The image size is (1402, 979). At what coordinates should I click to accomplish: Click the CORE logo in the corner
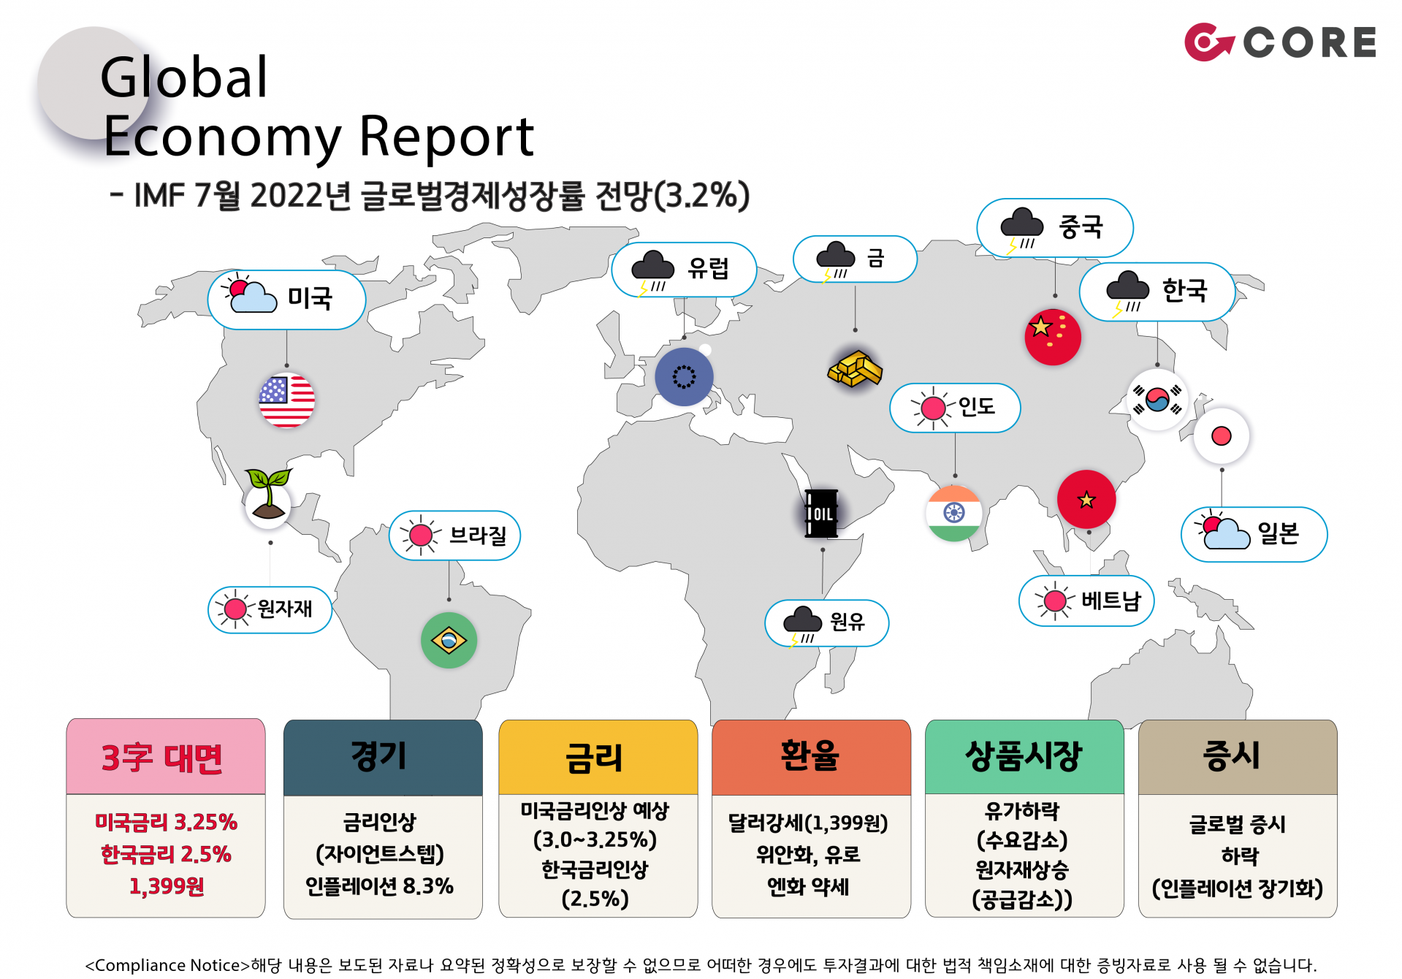[1280, 42]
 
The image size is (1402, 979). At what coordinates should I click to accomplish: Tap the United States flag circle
[286, 400]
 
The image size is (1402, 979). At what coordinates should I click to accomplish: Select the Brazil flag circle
[449, 641]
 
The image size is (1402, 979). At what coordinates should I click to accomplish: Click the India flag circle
[953, 514]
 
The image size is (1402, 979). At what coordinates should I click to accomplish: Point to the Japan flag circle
[1221, 436]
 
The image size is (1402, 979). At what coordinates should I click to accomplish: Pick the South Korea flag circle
[1157, 400]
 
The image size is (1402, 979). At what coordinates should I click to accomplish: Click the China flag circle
[1052, 337]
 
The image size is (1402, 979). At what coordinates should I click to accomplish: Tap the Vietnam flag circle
[1086, 499]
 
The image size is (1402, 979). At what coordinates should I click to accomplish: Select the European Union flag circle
[684, 376]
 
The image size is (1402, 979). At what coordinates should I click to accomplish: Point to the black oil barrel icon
[821, 514]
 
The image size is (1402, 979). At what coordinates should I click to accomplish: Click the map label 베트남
[1110, 601]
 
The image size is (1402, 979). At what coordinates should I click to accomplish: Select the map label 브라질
[478, 536]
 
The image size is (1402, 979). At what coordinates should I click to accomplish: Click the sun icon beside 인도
[933, 408]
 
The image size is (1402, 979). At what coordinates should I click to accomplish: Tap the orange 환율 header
[811, 757]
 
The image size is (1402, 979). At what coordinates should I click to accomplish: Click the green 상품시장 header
[1024, 757]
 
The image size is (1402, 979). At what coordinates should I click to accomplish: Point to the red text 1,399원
[167, 886]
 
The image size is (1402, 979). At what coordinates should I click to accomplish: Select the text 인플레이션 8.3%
[379, 886]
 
